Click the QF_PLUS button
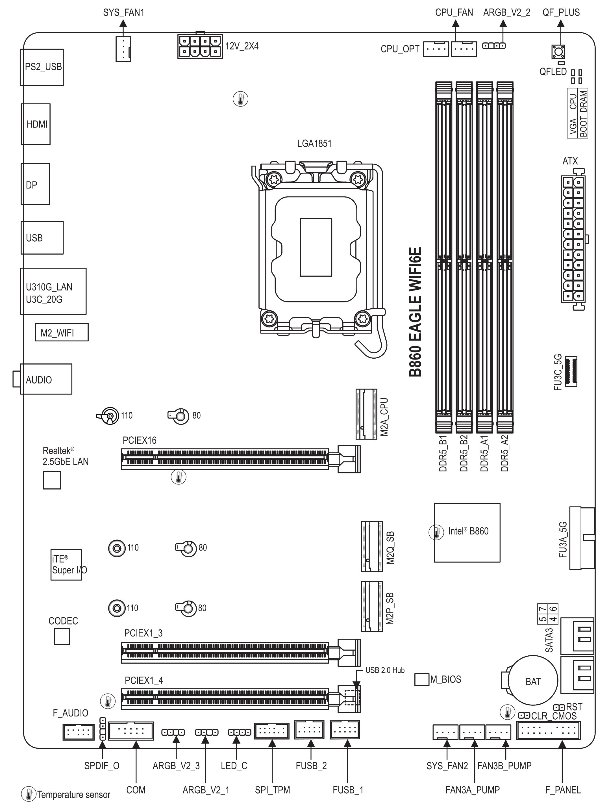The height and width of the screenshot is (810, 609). coord(558,52)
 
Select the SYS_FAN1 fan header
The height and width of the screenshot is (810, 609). coord(123,49)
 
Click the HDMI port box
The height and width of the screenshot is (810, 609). coord(36,124)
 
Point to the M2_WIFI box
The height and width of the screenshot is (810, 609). coord(62,332)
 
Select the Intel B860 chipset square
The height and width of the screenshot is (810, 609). coord(467,532)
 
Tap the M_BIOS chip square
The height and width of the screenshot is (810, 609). coord(422,679)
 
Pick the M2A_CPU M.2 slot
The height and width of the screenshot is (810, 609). coord(366,414)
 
